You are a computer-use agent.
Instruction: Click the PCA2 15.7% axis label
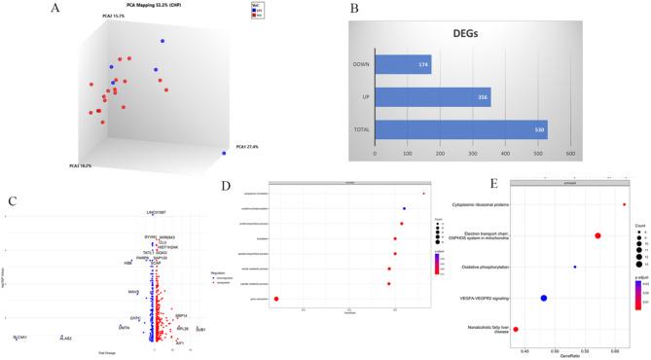tap(113, 17)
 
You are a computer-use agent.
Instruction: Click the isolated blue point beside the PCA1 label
tap(225, 153)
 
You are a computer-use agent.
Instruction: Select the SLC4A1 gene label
tap(20, 337)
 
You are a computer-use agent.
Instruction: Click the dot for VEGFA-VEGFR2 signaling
tap(544, 298)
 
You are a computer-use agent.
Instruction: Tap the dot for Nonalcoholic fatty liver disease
tap(516, 330)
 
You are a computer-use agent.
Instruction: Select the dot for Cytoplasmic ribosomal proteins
tap(624, 204)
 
